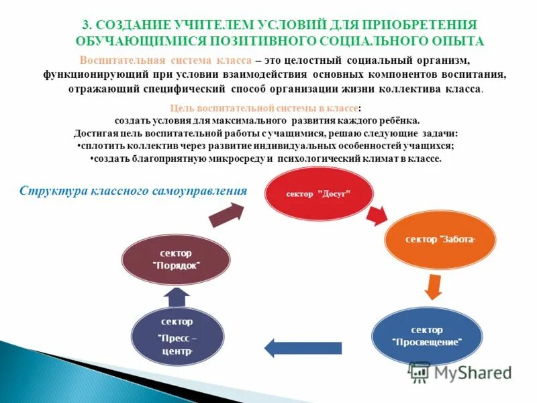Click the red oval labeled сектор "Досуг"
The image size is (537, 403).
pos(319,193)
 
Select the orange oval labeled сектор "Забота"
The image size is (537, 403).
pos(440,240)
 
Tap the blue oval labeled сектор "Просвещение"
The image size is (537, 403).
pos(427,336)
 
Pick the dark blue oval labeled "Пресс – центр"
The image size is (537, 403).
pos(177,336)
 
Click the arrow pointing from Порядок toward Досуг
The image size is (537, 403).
pos(226,215)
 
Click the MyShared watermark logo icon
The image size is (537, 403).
pos(419,371)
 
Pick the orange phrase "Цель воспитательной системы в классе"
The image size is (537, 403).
pos(264,107)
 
